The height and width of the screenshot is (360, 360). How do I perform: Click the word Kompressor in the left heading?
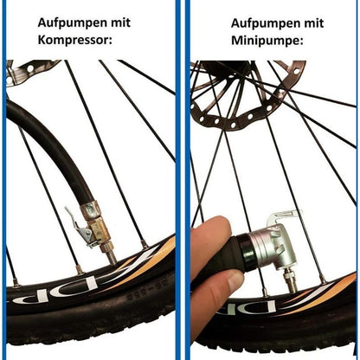click(x=74, y=40)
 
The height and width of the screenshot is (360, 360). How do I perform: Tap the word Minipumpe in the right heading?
click(x=267, y=41)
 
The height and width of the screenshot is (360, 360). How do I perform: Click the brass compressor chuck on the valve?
click(x=97, y=227)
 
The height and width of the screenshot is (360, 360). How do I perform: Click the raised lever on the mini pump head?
click(x=285, y=217)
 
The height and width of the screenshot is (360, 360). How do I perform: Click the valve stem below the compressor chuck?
click(x=111, y=255)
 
